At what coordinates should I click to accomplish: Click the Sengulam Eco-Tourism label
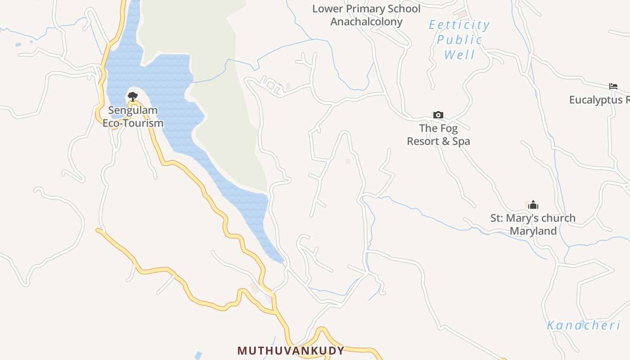pos(133,117)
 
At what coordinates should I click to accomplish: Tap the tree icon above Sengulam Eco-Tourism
pos(132,96)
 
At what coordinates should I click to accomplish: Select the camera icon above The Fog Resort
pos(438,115)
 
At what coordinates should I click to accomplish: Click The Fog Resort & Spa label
pos(438,135)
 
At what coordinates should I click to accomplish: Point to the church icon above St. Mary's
pos(533,205)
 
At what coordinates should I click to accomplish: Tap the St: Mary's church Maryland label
pos(533,225)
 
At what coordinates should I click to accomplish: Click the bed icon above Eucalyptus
pos(613,86)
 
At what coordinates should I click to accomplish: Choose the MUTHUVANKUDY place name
pos(291,351)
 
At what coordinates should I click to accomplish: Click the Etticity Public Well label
pos(459,40)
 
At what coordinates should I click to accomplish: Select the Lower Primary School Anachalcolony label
pos(366,15)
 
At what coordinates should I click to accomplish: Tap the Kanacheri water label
pos(584,325)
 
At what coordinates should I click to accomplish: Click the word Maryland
pos(533,231)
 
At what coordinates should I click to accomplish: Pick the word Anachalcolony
pos(366,22)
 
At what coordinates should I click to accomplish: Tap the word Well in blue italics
pos(459,55)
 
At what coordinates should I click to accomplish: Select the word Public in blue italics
pos(459,40)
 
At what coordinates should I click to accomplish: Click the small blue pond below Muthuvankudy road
pos(198,355)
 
